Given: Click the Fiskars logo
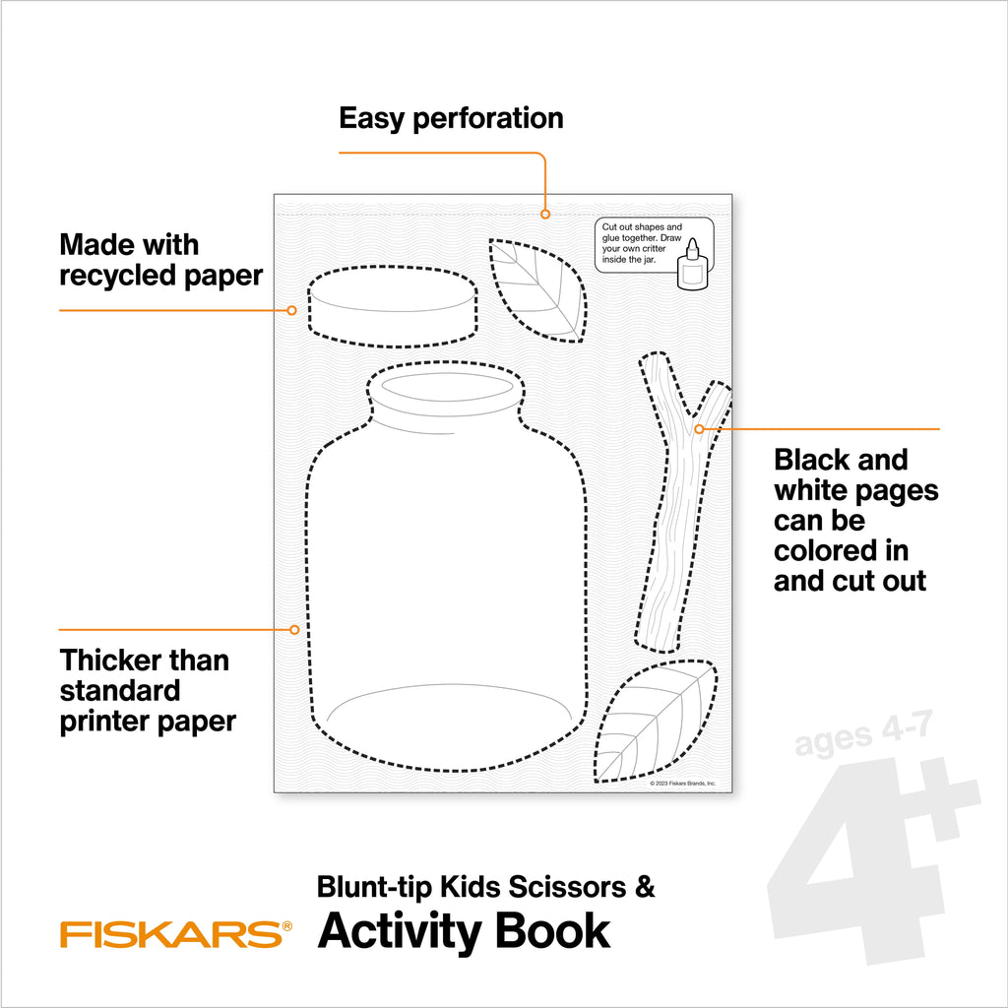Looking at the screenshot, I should (x=175, y=932).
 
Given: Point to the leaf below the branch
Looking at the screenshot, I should (x=655, y=724).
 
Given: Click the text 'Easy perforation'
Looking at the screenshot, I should (x=451, y=118).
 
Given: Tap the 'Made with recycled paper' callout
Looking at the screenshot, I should (x=161, y=260).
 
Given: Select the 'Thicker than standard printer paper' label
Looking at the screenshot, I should (x=148, y=690).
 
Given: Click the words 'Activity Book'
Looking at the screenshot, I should (x=464, y=931).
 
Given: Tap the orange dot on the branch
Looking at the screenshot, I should (x=699, y=429).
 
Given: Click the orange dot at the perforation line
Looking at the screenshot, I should (x=545, y=213).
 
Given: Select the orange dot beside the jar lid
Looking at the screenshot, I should (x=291, y=310).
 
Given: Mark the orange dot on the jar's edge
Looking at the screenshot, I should (x=293, y=629).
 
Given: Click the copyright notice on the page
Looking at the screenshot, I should (x=682, y=784).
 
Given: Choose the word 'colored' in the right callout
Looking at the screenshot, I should (x=841, y=550).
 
